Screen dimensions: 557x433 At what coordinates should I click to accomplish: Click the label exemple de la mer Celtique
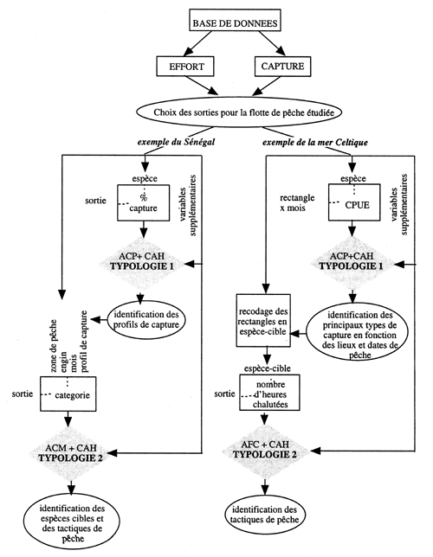pos(307,140)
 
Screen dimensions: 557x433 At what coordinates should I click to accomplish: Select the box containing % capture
pos(145,200)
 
